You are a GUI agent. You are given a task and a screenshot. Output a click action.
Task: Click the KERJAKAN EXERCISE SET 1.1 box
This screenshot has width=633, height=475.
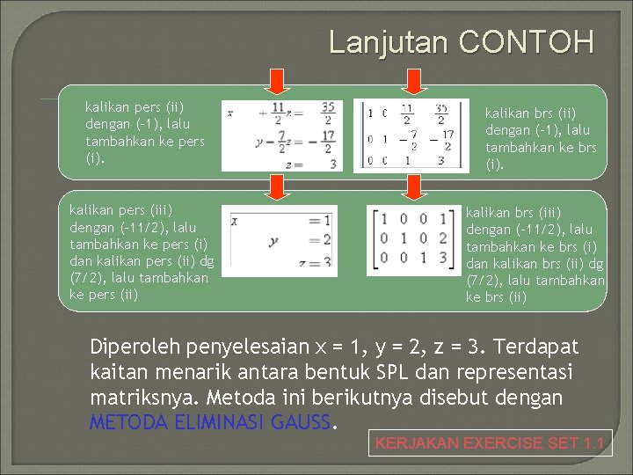pyautogui.click(x=490, y=443)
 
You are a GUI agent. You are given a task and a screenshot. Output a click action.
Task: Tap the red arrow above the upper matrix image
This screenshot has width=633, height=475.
pyautogui.click(x=411, y=80)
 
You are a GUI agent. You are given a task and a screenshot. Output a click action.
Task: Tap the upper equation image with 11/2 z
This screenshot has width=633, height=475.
pyautogui.click(x=279, y=135)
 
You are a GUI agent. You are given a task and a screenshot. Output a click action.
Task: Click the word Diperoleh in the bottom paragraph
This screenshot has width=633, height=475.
pyautogui.click(x=133, y=347)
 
